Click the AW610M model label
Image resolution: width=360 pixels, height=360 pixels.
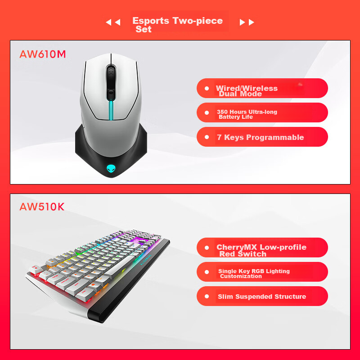coord(43,54)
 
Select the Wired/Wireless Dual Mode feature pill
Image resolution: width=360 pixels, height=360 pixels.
coord(262,88)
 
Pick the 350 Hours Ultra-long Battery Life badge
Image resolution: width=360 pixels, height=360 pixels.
coord(262,112)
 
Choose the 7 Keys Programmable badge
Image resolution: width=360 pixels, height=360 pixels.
coord(262,137)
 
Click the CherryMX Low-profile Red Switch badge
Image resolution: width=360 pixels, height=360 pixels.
coord(262,247)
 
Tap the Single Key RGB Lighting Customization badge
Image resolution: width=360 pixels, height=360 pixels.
coord(262,272)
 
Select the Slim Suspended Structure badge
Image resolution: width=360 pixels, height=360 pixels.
coord(262,296)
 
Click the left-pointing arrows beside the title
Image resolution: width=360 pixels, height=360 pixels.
coord(112,22)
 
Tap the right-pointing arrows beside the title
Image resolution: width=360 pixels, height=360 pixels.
coord(247,22)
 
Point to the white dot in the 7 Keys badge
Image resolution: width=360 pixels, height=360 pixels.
coord(207,137)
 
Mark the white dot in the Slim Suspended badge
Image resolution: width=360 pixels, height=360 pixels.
coord(207,297)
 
